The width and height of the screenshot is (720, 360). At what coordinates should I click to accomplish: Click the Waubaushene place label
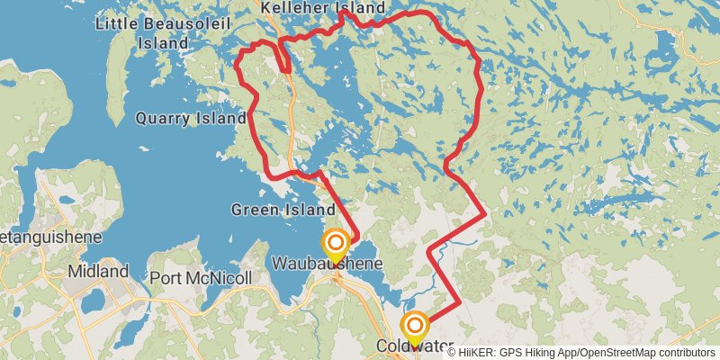pos(327,264)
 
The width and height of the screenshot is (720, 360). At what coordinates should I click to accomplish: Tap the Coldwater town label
pos(413,345)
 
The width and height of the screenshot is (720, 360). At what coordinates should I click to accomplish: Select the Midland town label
pos(99,271)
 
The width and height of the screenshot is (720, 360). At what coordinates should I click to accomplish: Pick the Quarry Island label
pos(191,118)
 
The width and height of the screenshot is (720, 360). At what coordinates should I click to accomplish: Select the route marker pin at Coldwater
pos(415,326)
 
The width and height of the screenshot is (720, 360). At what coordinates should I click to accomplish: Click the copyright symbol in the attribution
pos(453,352)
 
